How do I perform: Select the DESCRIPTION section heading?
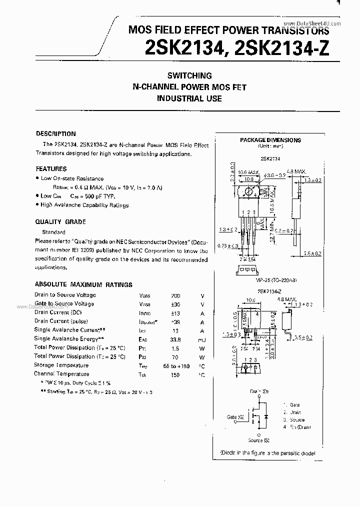pyautogui.click(x=56, y=134)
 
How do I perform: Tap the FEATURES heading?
pyautogui.click(x=51, y=169)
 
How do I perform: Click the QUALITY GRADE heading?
pyautogui.click(x=60, y=222)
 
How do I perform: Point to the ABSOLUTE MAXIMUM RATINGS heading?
pyautogui.click(x=83, y=284)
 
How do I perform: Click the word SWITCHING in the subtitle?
pyautogui.click(x=189, y=76)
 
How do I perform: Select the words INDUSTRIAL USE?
pyautogui.click(x=189, y=98)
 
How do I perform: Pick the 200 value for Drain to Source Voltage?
pyautogui.click(x=175, y=295)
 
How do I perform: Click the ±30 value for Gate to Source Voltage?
pyautogui.click(x=175, y=304)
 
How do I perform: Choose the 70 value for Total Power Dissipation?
pyautogui.click(x=175, y=357)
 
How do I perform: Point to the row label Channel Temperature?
pyautogui.click(x=61, y=374)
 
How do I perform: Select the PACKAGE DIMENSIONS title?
pyautogui.click(x=270, y=140)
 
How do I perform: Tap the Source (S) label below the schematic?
pyautogui.click(x=258, y=440)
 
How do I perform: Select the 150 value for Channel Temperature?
pyautogui.click(x=175, y=374)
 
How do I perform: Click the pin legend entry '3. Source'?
pyautogui.click(x=294, y=420)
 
